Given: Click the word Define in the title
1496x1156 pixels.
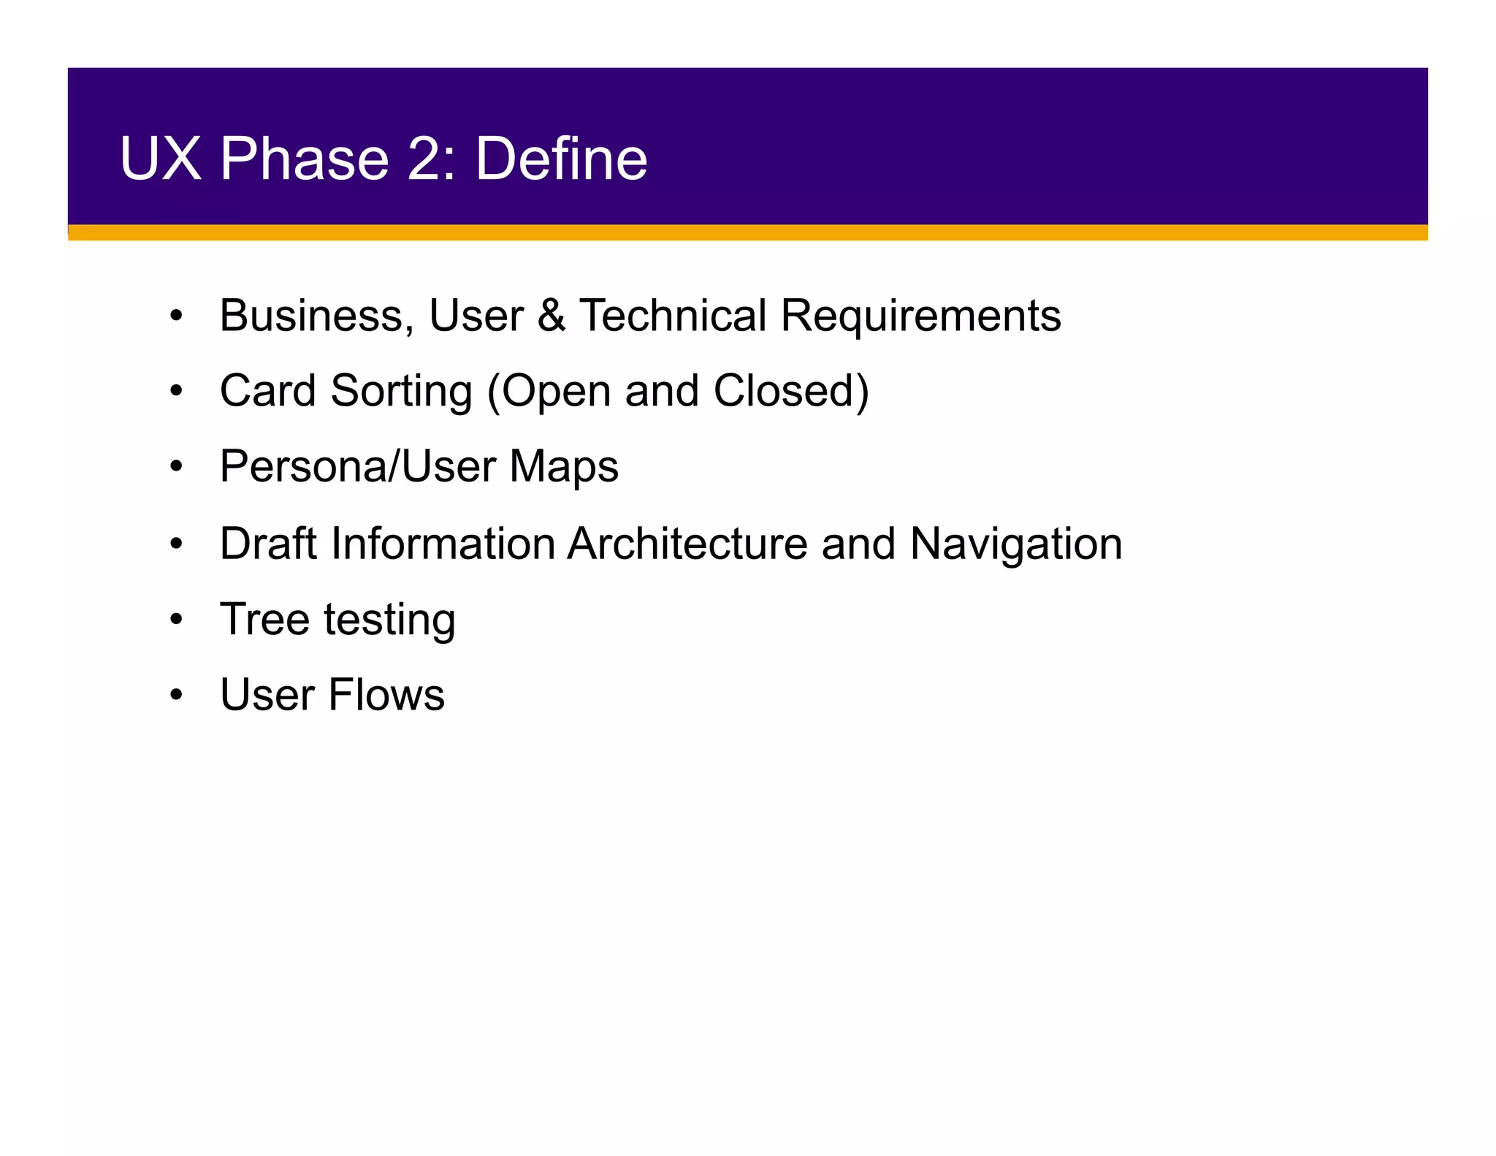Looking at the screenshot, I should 561,159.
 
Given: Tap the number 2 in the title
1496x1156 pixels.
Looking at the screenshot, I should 431,159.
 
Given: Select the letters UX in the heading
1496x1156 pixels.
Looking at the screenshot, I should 160,159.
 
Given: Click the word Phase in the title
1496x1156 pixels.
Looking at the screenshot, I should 304,159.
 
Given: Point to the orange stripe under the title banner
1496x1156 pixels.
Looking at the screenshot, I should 747,232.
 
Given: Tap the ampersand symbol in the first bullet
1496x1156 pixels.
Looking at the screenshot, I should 552,316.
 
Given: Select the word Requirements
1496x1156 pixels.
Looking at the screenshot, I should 920,316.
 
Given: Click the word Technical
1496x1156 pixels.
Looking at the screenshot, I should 673,316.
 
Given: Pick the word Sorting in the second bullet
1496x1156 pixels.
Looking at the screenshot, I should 401,392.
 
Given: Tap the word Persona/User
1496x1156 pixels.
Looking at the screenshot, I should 357,468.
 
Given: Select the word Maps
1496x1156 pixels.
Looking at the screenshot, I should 564,468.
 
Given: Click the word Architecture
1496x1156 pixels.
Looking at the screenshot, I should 687,544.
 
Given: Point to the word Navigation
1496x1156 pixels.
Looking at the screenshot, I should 1015,544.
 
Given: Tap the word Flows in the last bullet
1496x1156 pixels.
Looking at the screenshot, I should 386,695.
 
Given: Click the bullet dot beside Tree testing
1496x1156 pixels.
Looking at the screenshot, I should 176,620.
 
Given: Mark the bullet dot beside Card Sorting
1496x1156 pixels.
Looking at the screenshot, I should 176,392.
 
